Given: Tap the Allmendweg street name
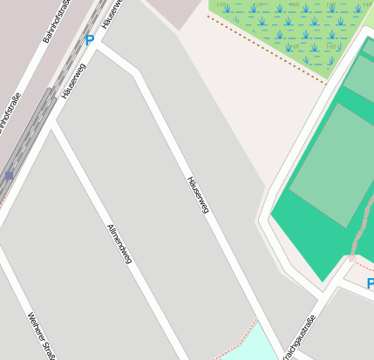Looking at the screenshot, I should [119, 243].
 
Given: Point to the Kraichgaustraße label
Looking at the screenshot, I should [297, 338].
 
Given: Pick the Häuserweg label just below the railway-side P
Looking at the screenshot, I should [74, 79].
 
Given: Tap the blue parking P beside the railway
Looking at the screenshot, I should [90, 40].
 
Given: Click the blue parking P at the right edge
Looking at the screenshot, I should [370, 284].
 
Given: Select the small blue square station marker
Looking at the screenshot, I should [9, 176].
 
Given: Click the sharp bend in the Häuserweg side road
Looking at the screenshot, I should [135, 73].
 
